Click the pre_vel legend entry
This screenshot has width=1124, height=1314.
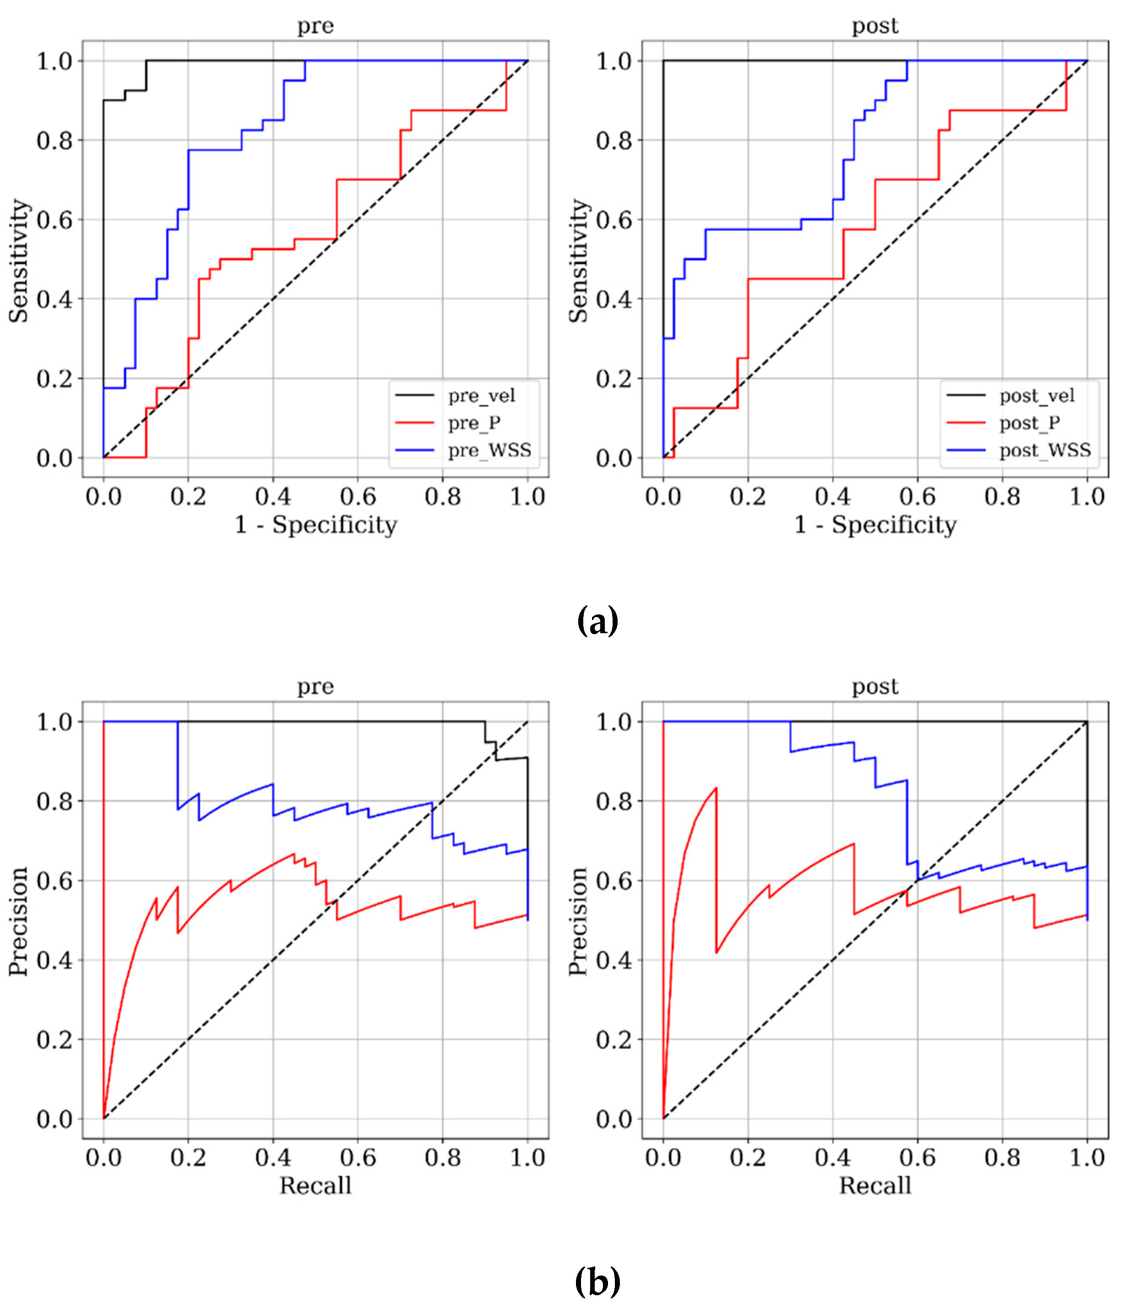(481, 396)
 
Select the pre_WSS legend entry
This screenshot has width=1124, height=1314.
(489, 450)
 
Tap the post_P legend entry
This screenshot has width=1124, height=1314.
(1029, 423)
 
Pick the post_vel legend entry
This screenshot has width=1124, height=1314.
(1037, 396)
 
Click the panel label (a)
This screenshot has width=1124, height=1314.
(597, 621)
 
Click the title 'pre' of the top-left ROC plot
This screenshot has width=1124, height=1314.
(315, 26)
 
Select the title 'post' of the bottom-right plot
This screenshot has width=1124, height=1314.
(875, 687)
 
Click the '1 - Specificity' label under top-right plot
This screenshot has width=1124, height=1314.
(875, 525)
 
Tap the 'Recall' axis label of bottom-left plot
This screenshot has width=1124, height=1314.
(315, 1185)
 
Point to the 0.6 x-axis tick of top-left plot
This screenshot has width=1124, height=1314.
(358, 497)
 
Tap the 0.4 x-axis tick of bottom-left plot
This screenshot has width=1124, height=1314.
(273, 1157)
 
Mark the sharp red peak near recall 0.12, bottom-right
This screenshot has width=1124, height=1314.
(716, 789)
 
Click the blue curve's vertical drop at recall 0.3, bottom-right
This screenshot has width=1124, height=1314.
(790, 737)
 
